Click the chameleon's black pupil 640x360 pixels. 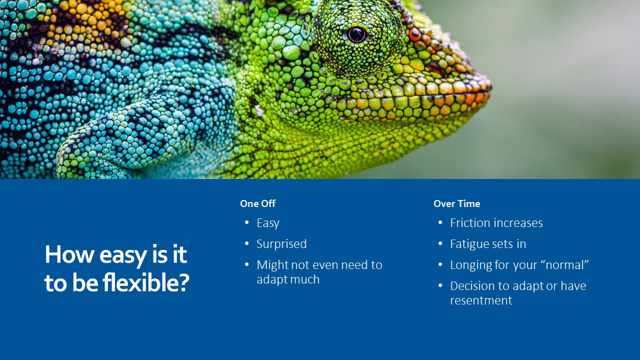tap(356, 34)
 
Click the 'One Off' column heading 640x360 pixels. tap(257, 203)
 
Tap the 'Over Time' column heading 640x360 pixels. tap(456, 203)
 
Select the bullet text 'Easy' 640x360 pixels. tap(267, 223)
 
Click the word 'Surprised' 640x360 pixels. tap(281, 244)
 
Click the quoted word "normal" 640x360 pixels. tap(567, 265)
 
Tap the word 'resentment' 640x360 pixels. tap(481, 300)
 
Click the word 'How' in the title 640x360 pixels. tap(69, 254)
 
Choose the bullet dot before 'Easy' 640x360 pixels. tap(247, 222)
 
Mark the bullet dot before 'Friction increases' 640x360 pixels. tap(440, 222)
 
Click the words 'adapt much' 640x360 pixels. tap(288, 279)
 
